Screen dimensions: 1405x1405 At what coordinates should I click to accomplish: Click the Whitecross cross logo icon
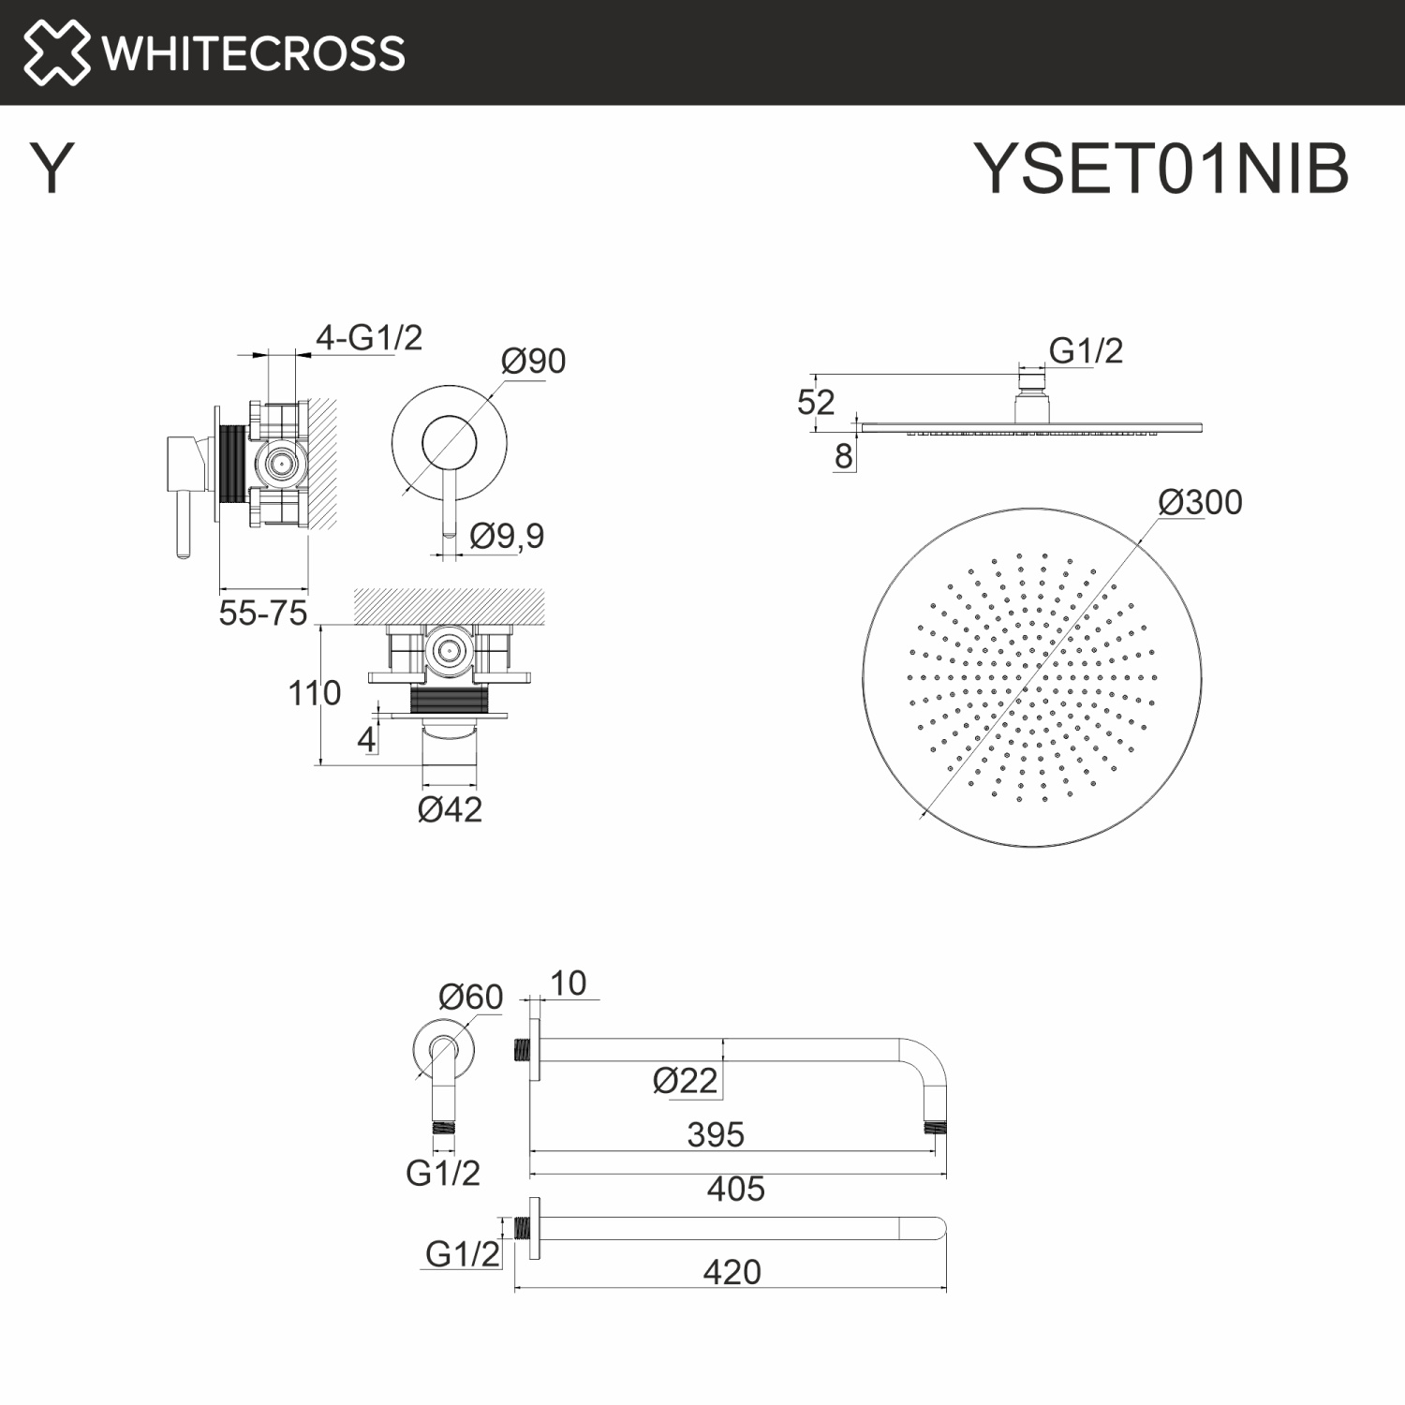[x=56, y=52]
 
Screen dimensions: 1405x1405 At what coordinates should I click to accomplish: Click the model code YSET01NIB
[x=1161, y=170]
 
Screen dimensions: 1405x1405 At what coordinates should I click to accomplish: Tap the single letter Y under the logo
[x=52, y=170]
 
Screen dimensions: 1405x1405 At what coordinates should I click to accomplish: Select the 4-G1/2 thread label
[x=369, y=337]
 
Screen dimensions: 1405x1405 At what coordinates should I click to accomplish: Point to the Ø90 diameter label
[x=533, y=361]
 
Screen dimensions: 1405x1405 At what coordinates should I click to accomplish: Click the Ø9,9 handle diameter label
[x=507, y=536]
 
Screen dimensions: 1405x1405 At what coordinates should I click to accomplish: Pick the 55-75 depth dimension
[x=263, y=614]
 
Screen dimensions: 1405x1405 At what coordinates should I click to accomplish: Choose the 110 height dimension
[x=314, y=693]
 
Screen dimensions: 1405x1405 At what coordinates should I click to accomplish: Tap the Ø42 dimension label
[x=450, y=809]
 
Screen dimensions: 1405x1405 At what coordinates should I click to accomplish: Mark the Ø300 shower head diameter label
[x=1200, y=502]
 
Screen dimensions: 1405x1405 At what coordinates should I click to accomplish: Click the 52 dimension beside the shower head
[x=815, y=402]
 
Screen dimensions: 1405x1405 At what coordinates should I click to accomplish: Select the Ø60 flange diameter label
[x=470, y=997]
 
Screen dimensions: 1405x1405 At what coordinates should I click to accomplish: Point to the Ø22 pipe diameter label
[x=685, y=1081]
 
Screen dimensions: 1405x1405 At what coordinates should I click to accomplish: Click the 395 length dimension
[x=716, y=1134]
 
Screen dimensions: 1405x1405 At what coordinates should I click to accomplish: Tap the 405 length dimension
[x=735, y=1189]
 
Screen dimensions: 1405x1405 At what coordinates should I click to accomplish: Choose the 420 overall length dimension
[x=732, y=1272]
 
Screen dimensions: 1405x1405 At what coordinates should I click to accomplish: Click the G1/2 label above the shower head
[x=1086, y=350]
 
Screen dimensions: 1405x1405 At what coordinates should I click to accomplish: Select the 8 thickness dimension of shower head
[x=843, y=456]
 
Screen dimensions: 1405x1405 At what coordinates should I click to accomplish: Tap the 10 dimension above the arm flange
[x=568, y=983]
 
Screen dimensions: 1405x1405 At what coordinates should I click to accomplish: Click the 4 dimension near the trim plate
[x=366, y=740]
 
